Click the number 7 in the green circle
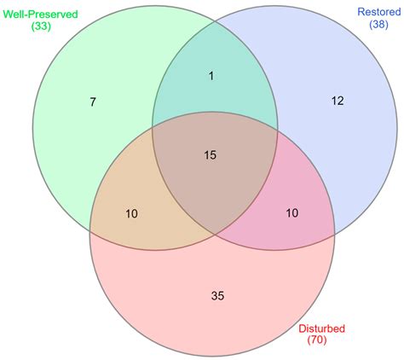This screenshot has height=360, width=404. pyautogui.click(x=93, y=102)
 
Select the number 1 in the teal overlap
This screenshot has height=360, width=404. pyautogui.click(x=211, y=76)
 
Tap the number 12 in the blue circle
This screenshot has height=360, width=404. pyautogui.click(x=338, y=101)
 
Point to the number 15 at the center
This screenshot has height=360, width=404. pyautogui.click(x=211, y=155)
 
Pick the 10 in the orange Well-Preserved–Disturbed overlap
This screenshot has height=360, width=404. pyautogui.click(x=131, y=213)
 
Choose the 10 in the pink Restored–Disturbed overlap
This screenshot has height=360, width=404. pyautogui.click(x=292, y=212)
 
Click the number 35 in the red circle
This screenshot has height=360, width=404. pyautogui.click(x=218, y=296)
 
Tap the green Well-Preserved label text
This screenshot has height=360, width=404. pyautogui.click(x=40, y=15)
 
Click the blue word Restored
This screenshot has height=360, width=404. pyautogui.click(x=379, y=12)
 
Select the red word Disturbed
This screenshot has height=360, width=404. pyautogui.click(x=321, y=328)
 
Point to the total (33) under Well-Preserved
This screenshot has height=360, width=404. pyautogui.click(x=41, y=26)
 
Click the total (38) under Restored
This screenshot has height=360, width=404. pyautogui.click(x=378, y=24)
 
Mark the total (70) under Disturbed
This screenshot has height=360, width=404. pyautogui.click(x=317, y=340)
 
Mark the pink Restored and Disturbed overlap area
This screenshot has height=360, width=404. pyautogui.click(x=296, y=199)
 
